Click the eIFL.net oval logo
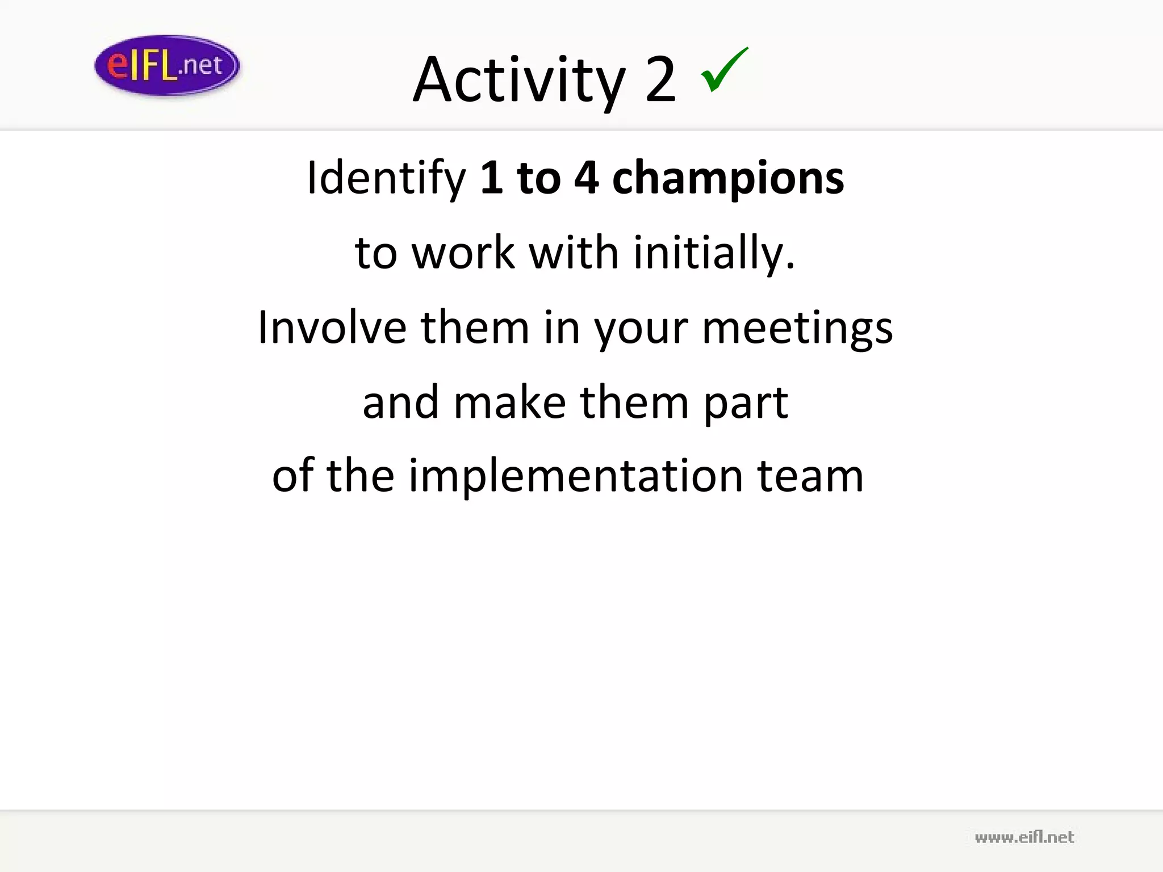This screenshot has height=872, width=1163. coord(167,65)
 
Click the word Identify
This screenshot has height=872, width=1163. coord(386,178)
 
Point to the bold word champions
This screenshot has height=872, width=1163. coord(728,178)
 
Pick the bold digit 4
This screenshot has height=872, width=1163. coord(586,178)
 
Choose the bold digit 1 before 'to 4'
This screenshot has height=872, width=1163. coord(492,178)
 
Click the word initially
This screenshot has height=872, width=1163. coord(714,253)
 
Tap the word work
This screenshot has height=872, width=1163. coord(463,253)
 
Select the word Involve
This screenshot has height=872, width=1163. coord(332,328)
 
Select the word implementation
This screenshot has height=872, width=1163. coord(576,476)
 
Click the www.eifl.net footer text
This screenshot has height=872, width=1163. coord(1024,837)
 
